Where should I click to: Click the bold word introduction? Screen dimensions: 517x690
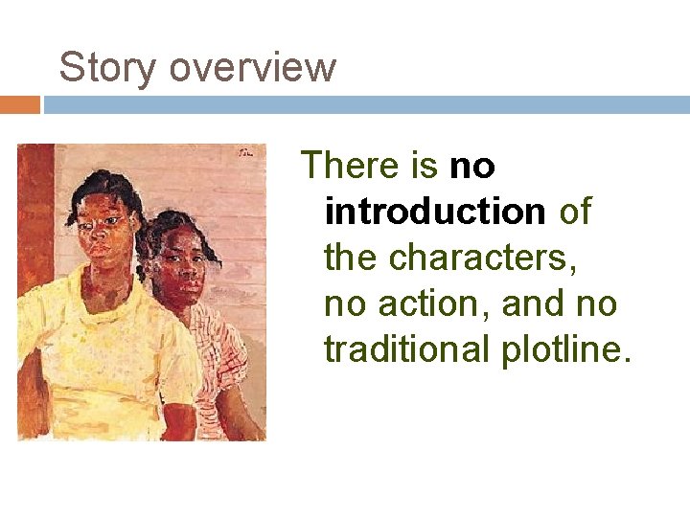[x=435, y=211]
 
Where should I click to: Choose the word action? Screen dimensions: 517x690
[x=437, y=303]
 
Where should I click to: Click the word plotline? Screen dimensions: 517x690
[x=566, y=349]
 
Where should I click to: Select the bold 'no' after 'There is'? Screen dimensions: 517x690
[x=471, y=167]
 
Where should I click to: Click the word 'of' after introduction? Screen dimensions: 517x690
[x=575, y=211]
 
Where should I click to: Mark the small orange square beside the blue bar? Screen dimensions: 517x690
[x=19, y=104]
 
